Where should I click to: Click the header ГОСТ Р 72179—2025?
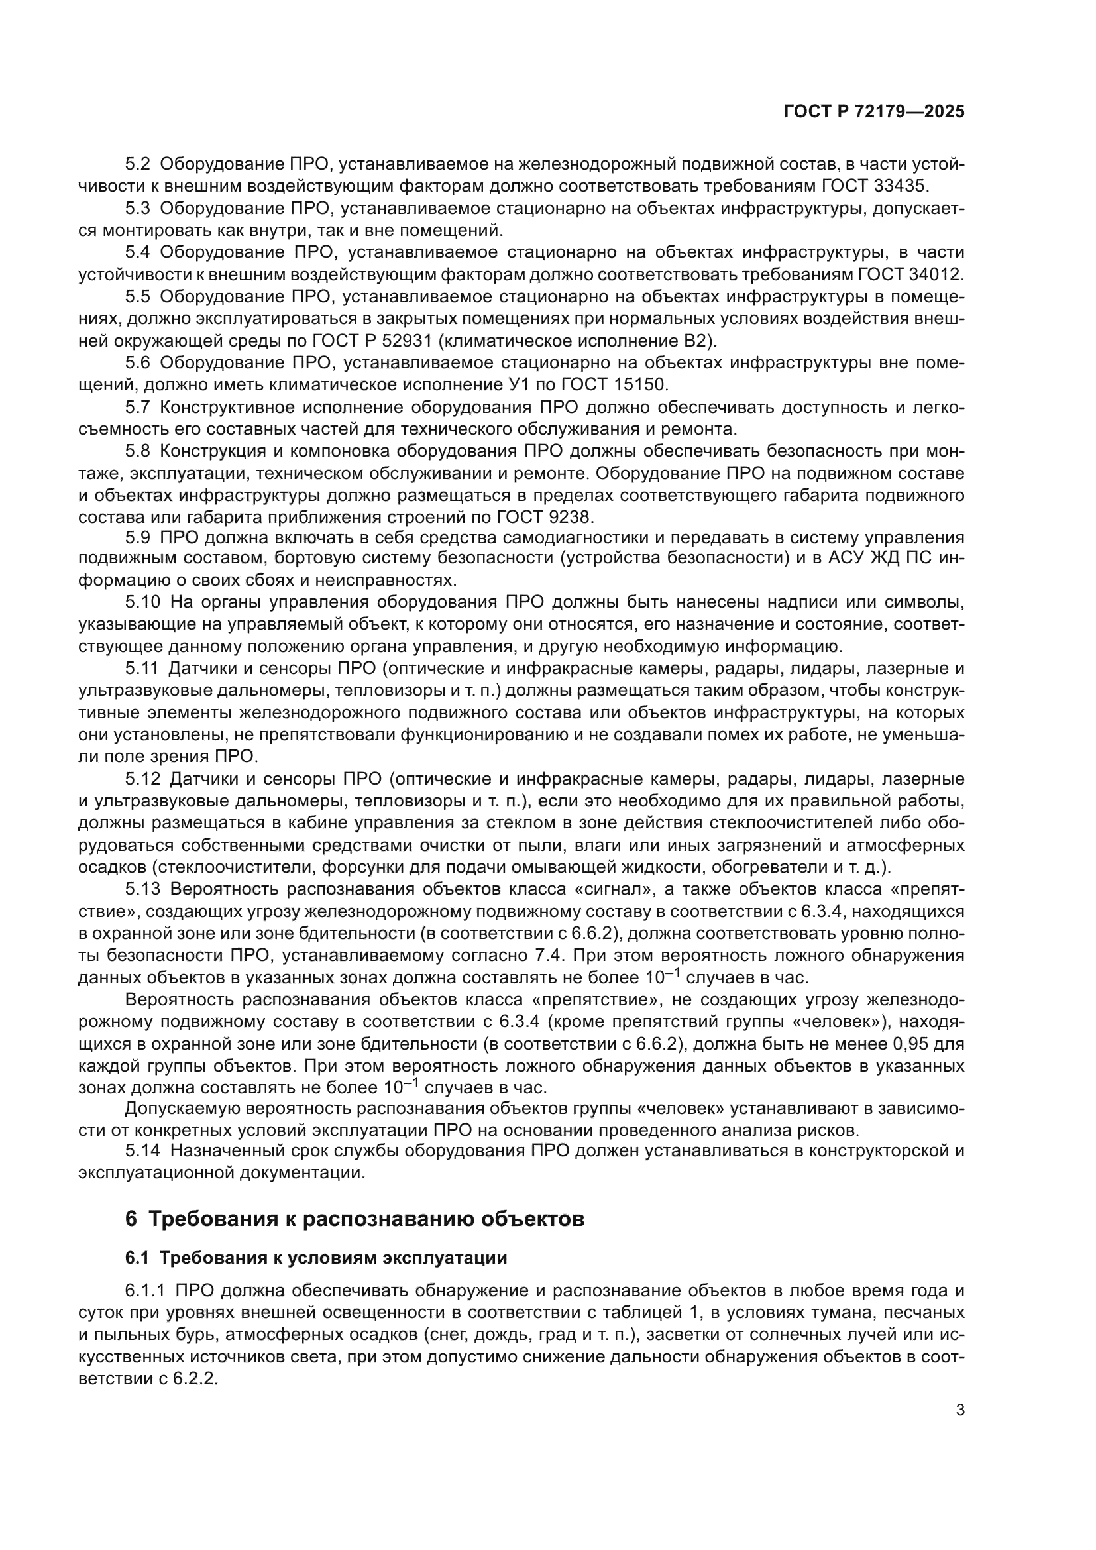(x=874, y=112)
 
